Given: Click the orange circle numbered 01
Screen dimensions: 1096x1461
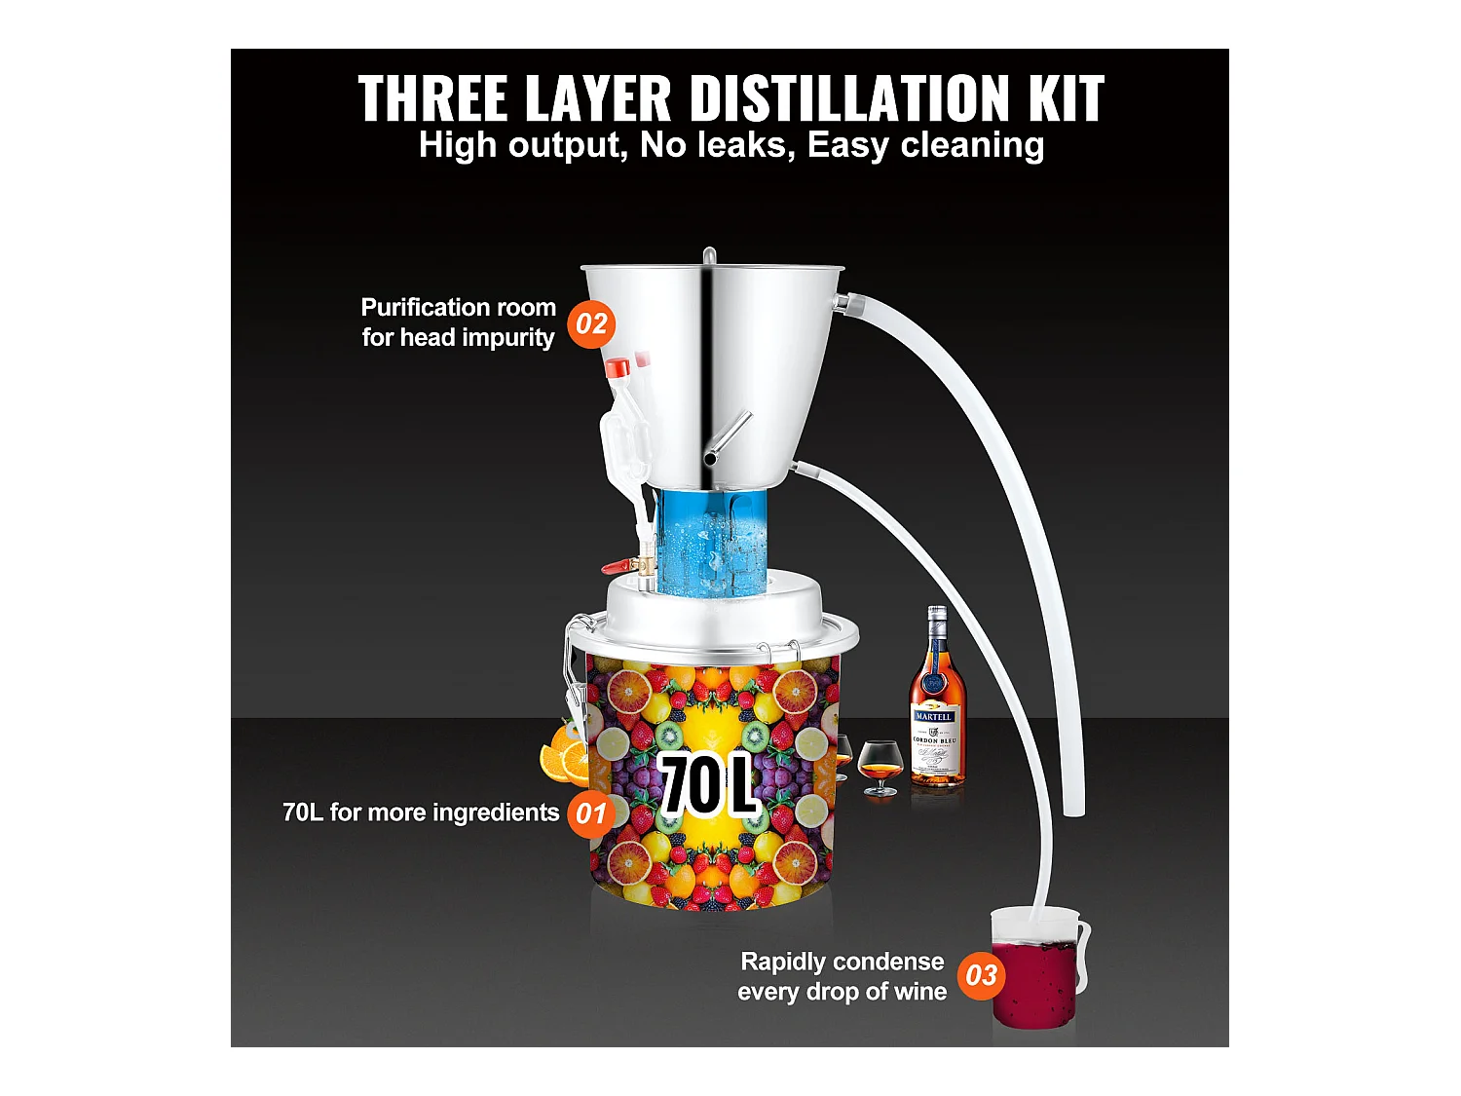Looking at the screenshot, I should pos(591,813).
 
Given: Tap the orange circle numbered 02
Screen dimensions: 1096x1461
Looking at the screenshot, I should pos(591,323).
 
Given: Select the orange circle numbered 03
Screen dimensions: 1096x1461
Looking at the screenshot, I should pos(981,975).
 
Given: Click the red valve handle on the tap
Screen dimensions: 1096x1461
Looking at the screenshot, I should pos(616,566).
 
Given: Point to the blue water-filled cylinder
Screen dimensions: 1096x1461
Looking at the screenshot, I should pos(710,541).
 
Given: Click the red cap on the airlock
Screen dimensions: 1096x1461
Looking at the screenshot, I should pos(617,368).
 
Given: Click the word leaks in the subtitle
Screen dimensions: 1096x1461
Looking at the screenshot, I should pos(743,145).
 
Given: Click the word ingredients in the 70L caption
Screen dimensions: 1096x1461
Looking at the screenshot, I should pos(495,813).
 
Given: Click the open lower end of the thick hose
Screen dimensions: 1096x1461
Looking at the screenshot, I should pos(1073,807).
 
